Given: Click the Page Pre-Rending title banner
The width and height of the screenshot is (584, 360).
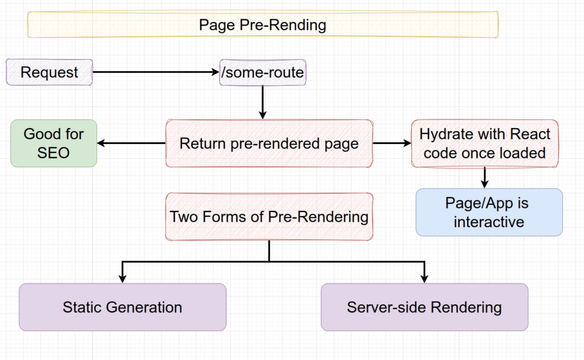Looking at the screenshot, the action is [263, 24].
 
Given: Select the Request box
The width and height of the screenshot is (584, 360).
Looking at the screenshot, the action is [49, 72].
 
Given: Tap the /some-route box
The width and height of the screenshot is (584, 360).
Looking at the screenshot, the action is [263, 72].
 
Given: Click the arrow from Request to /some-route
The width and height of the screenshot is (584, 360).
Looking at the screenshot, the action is [156, 72].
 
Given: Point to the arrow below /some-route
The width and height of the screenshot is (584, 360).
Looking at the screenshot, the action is [263, 103].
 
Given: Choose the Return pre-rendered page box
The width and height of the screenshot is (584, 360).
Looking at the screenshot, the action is [269, 143].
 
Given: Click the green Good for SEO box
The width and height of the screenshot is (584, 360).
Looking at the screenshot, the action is [54, 143].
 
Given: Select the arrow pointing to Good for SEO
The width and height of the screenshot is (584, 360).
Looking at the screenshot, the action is [131, 143].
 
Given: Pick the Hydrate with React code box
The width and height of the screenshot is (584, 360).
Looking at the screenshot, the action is [485, 143].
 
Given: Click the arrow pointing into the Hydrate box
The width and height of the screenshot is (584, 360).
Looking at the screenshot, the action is [392, 143].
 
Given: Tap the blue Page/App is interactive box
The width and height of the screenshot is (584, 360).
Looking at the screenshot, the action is [489, 212].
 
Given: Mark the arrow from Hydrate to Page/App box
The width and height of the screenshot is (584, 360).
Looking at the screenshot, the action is [485, 177].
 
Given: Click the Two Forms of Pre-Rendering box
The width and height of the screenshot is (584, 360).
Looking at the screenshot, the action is [269, 217].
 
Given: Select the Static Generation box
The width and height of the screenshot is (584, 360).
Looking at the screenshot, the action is [122, 307].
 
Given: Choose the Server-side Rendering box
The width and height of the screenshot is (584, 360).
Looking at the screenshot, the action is [425, 307].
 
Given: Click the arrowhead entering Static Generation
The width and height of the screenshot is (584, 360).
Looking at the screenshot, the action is [122, 279].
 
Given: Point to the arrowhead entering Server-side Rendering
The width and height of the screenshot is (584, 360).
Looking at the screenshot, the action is [425, 279].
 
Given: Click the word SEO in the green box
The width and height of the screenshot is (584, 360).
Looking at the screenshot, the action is [54, 153].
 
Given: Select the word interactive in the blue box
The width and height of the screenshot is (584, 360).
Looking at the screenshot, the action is [489, 222].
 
